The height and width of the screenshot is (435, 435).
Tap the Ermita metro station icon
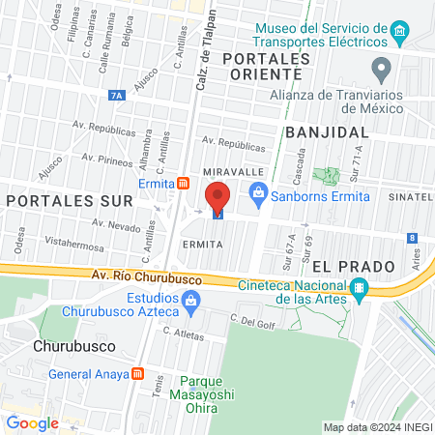point(184,184)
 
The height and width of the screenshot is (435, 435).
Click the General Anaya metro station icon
point(138,374)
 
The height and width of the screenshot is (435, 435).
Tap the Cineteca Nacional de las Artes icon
point(360,288)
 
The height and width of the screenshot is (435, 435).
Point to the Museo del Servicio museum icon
point(398,36)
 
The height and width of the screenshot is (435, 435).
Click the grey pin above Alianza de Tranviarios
point(382,68)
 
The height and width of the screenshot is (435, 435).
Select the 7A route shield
point(117,95)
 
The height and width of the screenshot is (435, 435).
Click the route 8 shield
point(413,237)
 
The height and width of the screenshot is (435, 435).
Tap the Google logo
point(32,422)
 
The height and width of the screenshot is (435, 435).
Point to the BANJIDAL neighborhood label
point(327,131)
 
